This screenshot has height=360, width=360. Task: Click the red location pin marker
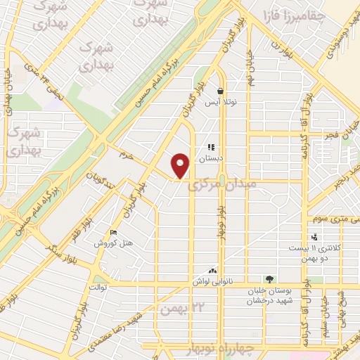[x=181, y=165]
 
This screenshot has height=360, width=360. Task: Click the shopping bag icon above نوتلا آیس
[x=220, y=91]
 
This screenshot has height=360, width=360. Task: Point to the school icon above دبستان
[x=210, y=148]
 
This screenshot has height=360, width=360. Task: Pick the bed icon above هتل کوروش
[x=115, y=233]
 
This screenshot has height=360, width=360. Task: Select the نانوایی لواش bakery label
[x=212, y=281]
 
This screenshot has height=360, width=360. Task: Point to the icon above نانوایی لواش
[x=212, y=270]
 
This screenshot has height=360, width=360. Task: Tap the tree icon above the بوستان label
[x=268, y=279]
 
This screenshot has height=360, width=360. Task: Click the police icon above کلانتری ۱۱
[x=314, y=237]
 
